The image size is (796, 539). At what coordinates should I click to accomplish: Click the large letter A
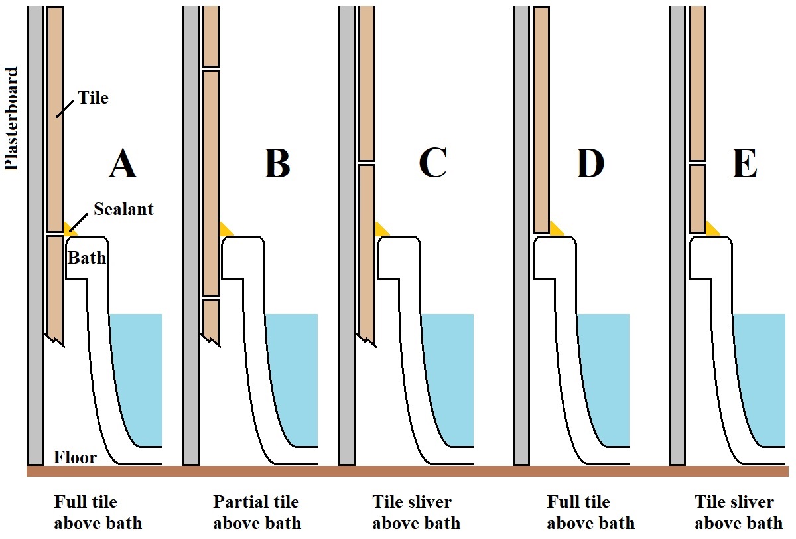point(122,163)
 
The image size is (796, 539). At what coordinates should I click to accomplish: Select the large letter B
point(277,163)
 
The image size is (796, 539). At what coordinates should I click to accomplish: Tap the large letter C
point(432,163)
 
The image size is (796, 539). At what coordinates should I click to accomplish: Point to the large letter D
point(590,163)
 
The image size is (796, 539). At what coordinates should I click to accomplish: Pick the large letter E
point(744,163)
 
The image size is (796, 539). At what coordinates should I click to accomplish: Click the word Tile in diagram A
point(92,98)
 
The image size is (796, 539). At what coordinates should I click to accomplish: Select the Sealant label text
point(123,209)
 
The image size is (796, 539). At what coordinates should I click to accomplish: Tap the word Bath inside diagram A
point(87,257)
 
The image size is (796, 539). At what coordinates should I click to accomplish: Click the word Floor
point(75,457)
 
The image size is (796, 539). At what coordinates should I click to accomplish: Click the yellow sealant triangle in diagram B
point(226,230)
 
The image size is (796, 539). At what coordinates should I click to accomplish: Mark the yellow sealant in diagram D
point(556,229)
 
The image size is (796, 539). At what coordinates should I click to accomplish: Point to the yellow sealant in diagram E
point(712,229)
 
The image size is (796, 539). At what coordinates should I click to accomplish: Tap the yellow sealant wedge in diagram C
point(381,230)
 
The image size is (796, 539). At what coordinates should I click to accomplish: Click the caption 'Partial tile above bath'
point(256,512)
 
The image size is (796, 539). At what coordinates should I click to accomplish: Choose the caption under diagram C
point(416,512)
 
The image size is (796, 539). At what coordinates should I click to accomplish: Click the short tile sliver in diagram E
point(696,198)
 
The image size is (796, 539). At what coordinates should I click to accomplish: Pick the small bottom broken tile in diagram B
point(211,319)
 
